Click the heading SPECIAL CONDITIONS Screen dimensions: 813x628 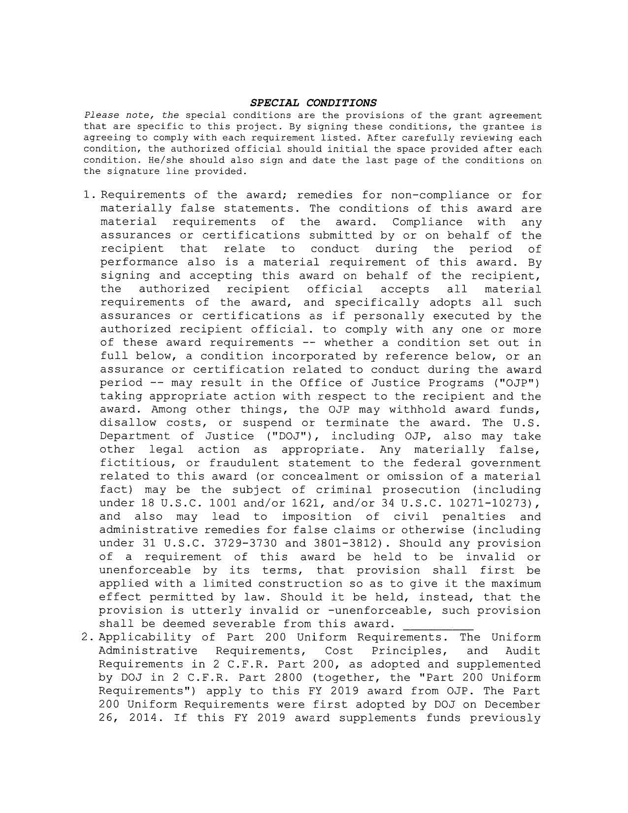313,103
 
